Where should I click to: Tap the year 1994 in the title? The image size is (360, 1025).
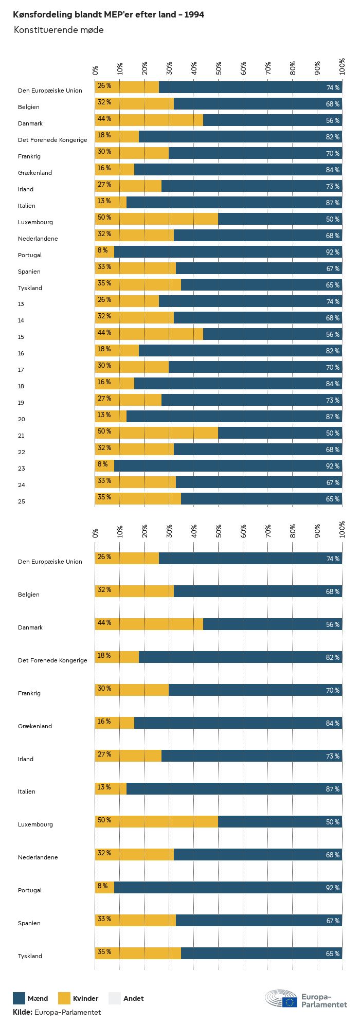(194, 15)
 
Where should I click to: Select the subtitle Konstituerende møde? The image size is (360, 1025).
(59, 30)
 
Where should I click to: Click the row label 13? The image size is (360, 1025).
(21, 304)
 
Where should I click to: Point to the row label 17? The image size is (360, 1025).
(21, 370)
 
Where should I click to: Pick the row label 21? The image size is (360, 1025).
(21, 436)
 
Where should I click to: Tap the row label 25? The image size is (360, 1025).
(21, 501)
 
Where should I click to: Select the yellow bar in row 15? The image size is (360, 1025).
(149, 334)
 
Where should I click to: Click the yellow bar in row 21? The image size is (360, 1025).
(157, 433)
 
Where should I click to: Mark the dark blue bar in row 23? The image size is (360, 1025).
(228, 466)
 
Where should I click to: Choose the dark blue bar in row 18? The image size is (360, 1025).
(238, 384)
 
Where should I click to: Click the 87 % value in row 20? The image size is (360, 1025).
(333, 417)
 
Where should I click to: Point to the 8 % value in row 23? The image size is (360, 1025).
(103, 464)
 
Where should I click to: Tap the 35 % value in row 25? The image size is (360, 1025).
(104, 497)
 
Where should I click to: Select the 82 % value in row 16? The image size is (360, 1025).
(333, 351)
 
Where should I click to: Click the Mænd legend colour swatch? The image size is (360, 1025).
(19, 998)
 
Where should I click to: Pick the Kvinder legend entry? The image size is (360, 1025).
(85, 999)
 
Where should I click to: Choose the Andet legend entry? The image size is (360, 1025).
(133, 999)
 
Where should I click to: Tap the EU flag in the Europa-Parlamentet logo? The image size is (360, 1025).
(290, 1001)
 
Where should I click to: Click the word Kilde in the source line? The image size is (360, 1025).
(23, 1012)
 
